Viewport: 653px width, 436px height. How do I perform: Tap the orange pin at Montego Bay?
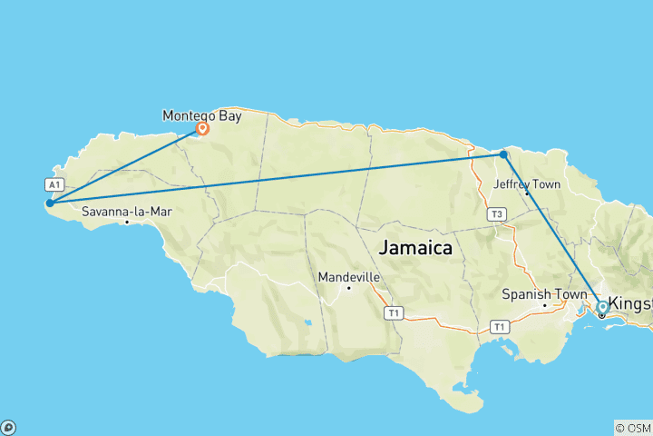(x=202, y=129)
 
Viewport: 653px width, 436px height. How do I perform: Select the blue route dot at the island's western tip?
(x=50, y=203)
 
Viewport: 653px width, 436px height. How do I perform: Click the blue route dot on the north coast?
(x=503, y=154)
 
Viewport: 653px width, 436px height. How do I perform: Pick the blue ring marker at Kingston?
(x=601, y=307)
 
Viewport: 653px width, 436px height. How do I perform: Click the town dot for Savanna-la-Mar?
(x=128, y=222)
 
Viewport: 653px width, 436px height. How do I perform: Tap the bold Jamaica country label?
(x=414, y=247)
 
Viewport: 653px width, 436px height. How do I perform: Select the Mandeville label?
(x=348, y=277)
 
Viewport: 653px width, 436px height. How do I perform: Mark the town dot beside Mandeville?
(x=348, y=288)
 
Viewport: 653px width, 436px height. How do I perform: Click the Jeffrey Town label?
(x=527, y=184)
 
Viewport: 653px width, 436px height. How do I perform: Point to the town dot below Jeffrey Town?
(x=526, y=193)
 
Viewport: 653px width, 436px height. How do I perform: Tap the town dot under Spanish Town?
(x=544, y=304)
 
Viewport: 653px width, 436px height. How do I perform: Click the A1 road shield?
(x=53, y=184)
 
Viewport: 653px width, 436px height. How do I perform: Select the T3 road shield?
(x=495, y=214)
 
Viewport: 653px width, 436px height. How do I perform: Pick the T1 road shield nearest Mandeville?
(x=393, y=313)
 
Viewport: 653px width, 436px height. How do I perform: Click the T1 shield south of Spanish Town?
(x=498, y=325)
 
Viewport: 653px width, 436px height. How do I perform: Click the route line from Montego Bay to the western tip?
(x=126, y=165)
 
